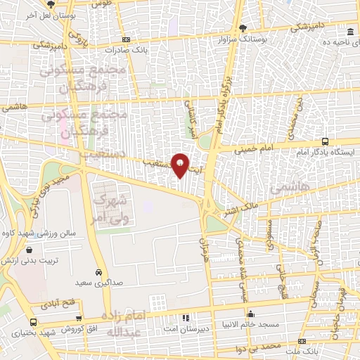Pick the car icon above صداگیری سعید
99,271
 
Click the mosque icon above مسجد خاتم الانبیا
251,314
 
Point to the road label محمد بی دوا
260,347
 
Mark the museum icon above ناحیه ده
350,32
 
